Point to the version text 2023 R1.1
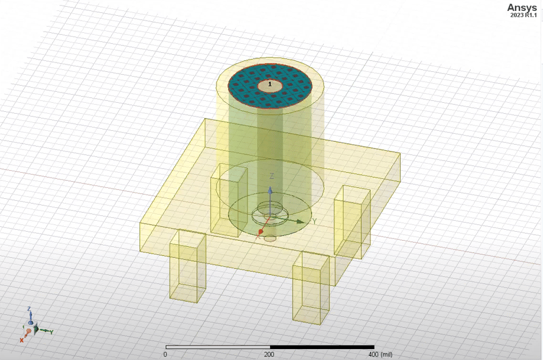[524, 15]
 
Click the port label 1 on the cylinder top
[270, 85]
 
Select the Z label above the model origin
[272, 176]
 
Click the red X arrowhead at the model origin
[261, 232]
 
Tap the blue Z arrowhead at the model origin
[271, 190]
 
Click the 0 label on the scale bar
[165, 354]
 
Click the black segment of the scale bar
[322, 347]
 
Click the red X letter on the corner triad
[21, 340]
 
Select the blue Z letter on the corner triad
[29, 310]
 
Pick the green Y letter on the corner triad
[52, 332]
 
